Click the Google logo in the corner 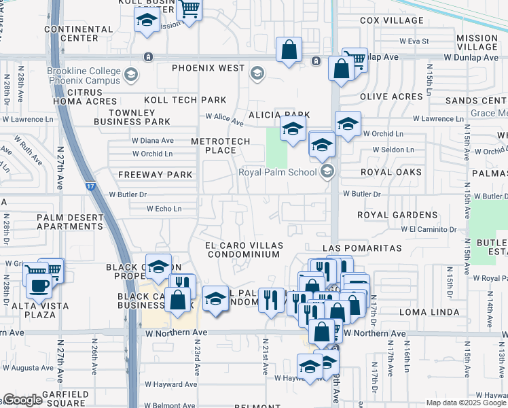22,400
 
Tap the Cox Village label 392,20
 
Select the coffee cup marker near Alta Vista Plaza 39,284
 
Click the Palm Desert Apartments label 69,222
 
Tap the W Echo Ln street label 164,209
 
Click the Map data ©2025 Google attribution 465,402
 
